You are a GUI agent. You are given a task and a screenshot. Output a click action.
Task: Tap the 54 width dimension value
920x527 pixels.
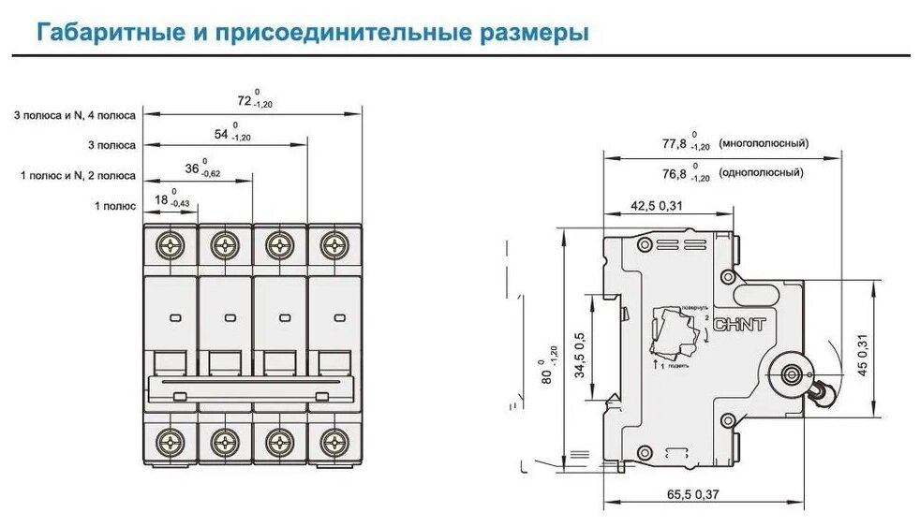(222, 135)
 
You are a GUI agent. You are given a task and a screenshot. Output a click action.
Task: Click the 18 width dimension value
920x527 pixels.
(161, 199)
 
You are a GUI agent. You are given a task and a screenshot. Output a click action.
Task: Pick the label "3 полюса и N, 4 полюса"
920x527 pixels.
(74, 115)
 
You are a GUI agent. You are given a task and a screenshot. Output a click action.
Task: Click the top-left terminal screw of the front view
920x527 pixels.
(171, 245)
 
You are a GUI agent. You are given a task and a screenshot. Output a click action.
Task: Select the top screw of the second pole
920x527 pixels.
(225, 245)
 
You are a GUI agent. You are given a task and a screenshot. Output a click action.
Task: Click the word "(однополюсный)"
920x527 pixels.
(762, 173)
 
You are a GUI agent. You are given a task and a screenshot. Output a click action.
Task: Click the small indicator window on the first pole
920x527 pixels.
(174, 319)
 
